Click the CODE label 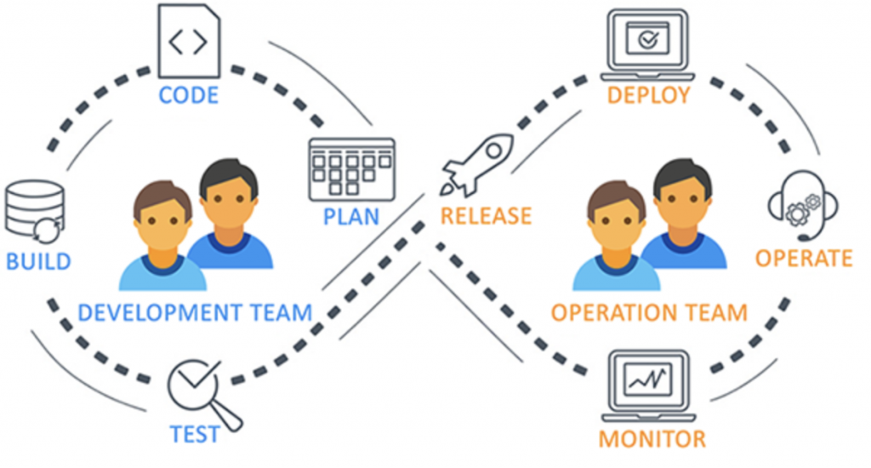[x=188, y=94]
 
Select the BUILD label [x=38, y=260]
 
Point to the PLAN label [x=350, y=216]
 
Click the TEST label [x=194, y=433]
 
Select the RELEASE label [x=486, y=216]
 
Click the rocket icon [x=476, y=164]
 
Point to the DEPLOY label [x=648, y=94]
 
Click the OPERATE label [x=804, y=257]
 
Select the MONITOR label [x=652, y=439]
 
